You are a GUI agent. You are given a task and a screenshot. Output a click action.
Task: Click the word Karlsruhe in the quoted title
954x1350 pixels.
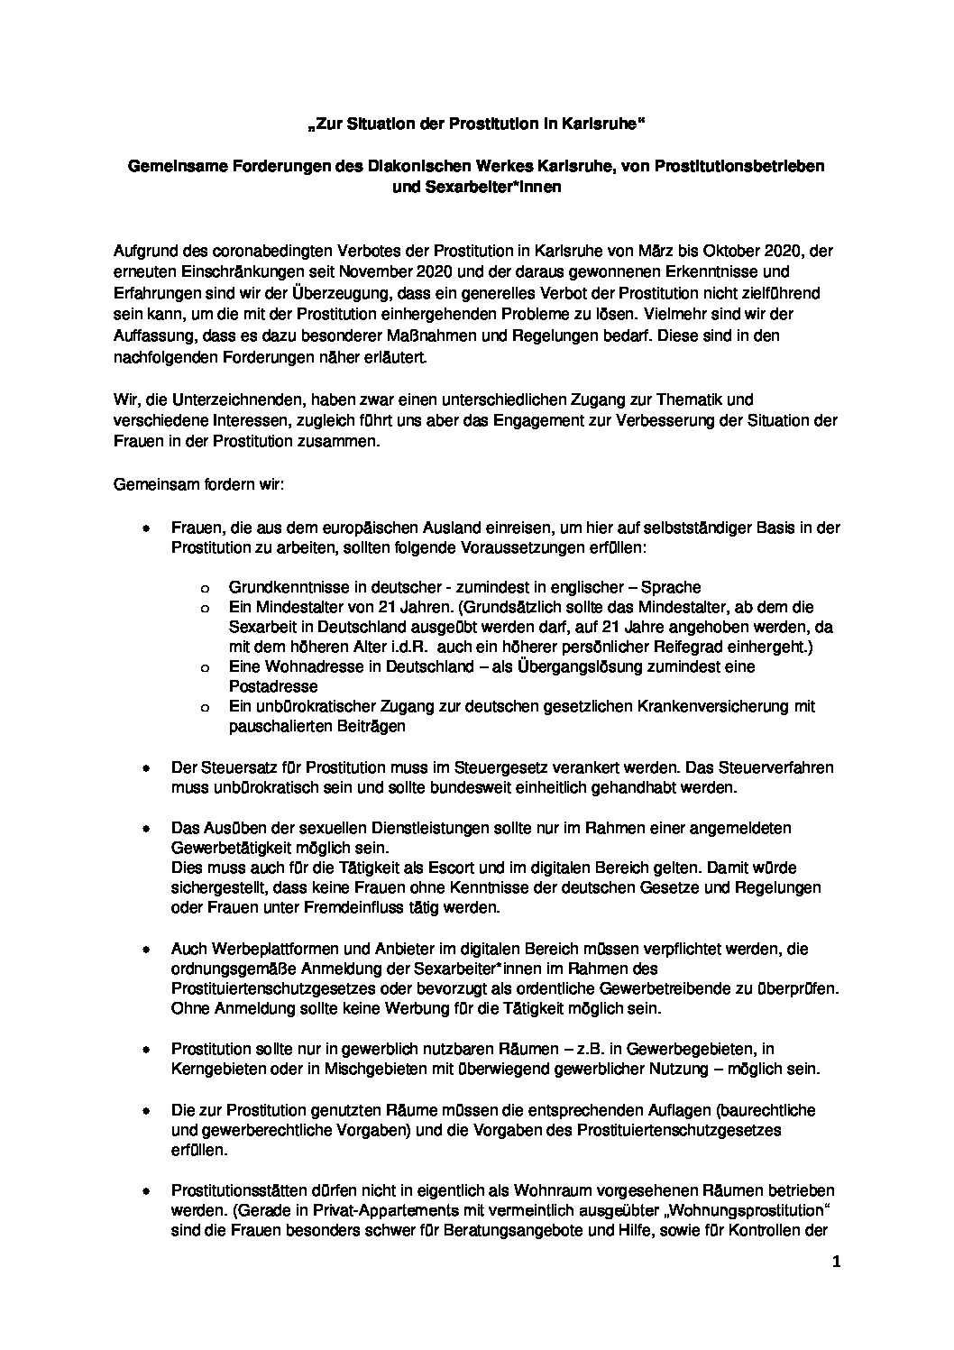(603, 124)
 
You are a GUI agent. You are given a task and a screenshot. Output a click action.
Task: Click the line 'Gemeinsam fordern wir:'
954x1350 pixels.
(198, 485)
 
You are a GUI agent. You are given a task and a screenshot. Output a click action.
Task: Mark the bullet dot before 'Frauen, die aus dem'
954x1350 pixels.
(144, 528)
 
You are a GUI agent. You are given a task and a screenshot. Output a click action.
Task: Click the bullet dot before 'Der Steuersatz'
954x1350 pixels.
(144, 768)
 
